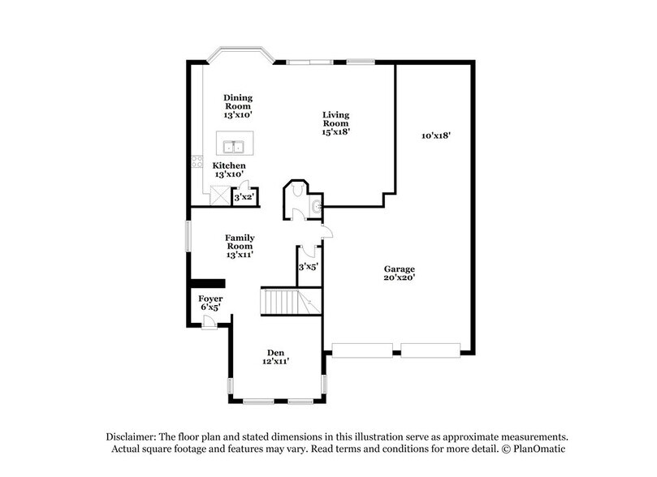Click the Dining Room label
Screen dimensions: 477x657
point(238,106)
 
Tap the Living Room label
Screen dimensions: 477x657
point(335,123)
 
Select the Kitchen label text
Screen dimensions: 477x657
point(230,170)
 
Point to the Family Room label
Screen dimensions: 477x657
point(240,246)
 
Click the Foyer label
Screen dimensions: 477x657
point(211,303)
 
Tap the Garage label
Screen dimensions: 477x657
point(400,273)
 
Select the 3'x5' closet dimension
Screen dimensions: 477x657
point(308,266)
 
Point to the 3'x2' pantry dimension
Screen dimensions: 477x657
point(243,197)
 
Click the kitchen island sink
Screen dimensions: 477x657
point(235,147)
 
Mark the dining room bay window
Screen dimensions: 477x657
point(238,58)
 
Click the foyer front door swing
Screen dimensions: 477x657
point(209,322)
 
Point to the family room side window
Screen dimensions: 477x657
point(189,236)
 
